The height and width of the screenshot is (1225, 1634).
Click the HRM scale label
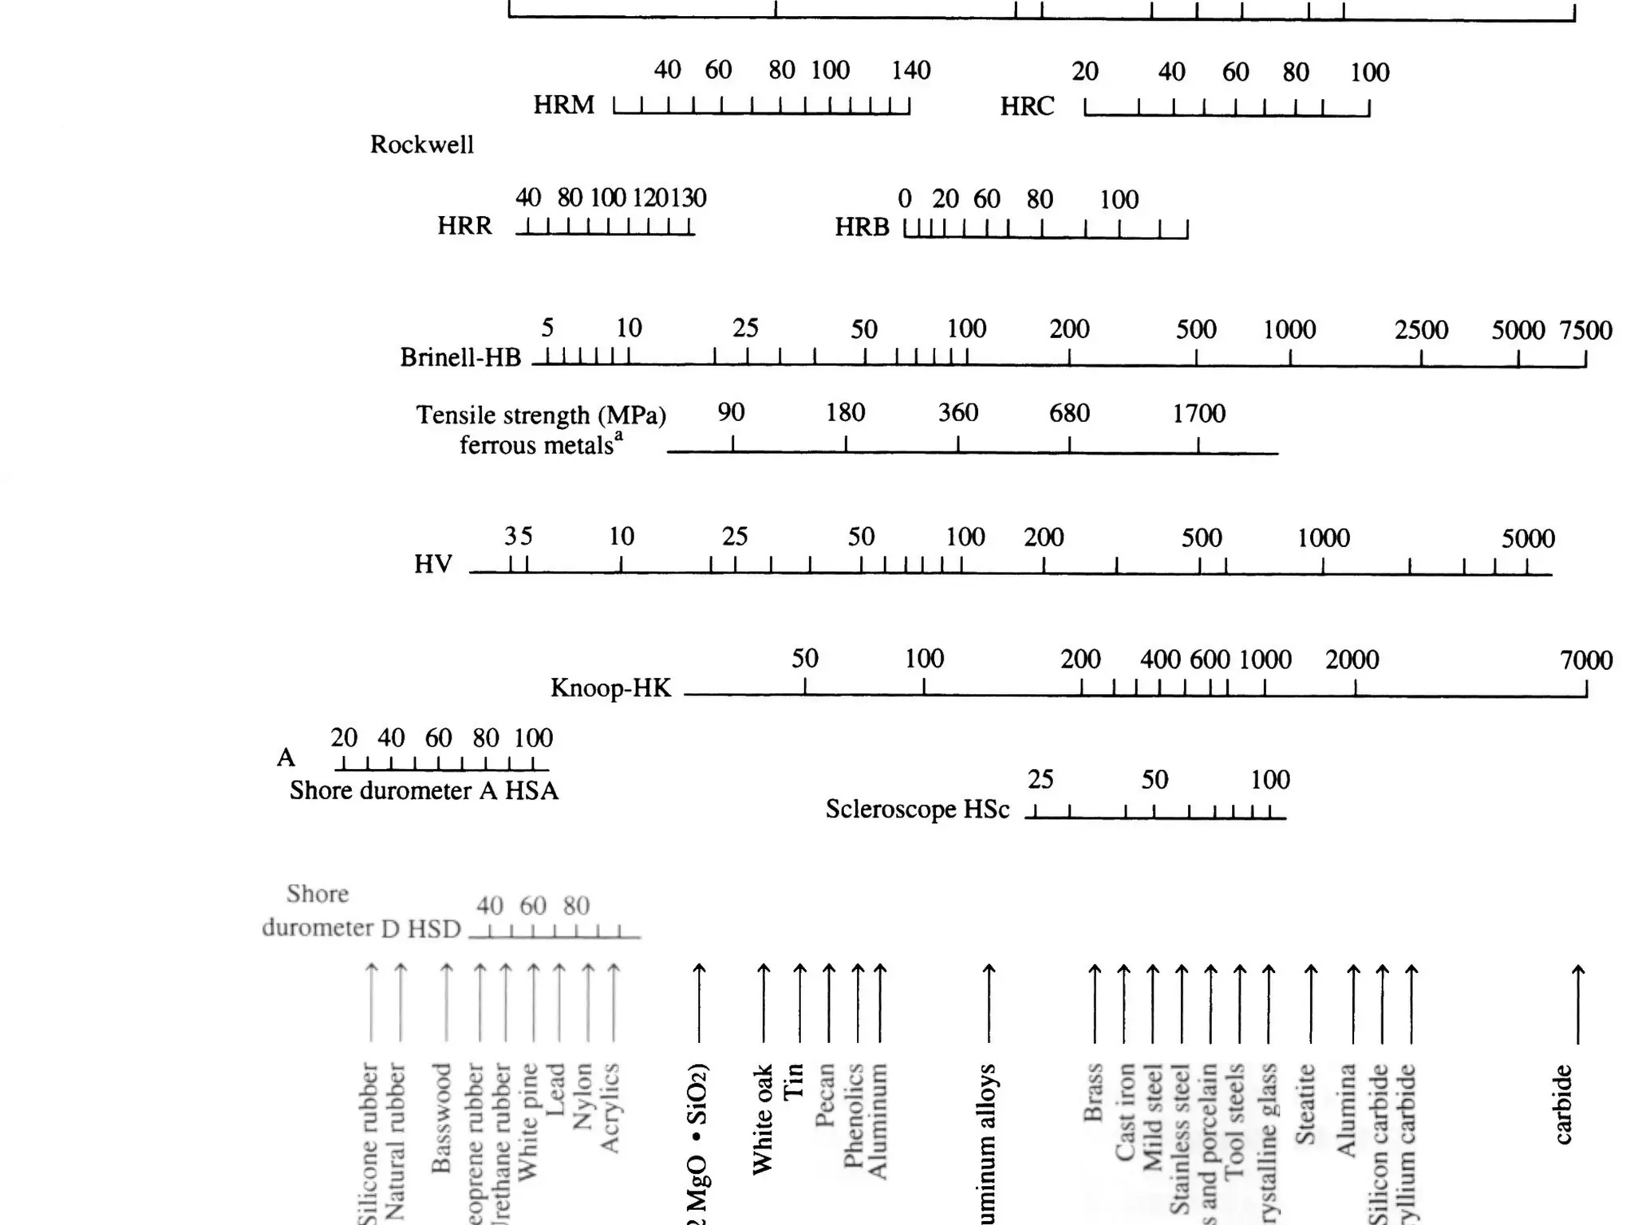(563, 105)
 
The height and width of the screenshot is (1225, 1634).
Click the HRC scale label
(1027, 107)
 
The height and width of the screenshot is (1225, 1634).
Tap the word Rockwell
(421, 145)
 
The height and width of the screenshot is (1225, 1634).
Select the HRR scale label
(464, 226)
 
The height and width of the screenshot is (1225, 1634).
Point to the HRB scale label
(862, 228)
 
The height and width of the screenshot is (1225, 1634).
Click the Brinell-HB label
(460, 357)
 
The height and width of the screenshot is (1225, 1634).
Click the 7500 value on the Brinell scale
(1585, 330)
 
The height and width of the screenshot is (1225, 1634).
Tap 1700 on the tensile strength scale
(1198, 414)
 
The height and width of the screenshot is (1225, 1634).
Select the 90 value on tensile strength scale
(731, 413)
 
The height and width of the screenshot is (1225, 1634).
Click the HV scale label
(433, 565)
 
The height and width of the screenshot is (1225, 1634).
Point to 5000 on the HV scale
(1527, 539)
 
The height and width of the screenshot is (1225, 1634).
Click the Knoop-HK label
(610, 688)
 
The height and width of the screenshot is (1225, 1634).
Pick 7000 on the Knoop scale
(1586, 660)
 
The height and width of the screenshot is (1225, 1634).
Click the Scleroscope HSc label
(918, 809)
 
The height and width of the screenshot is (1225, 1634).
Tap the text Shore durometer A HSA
(424, 791)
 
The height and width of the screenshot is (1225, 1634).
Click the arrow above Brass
(1095, 1002)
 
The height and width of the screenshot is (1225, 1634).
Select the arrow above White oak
(764, 1002)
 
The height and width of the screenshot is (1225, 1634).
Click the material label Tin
(793, 1082)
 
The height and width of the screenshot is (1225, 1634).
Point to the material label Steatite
(1304, 1105)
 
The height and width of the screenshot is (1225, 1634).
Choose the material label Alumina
(1347, 1110)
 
